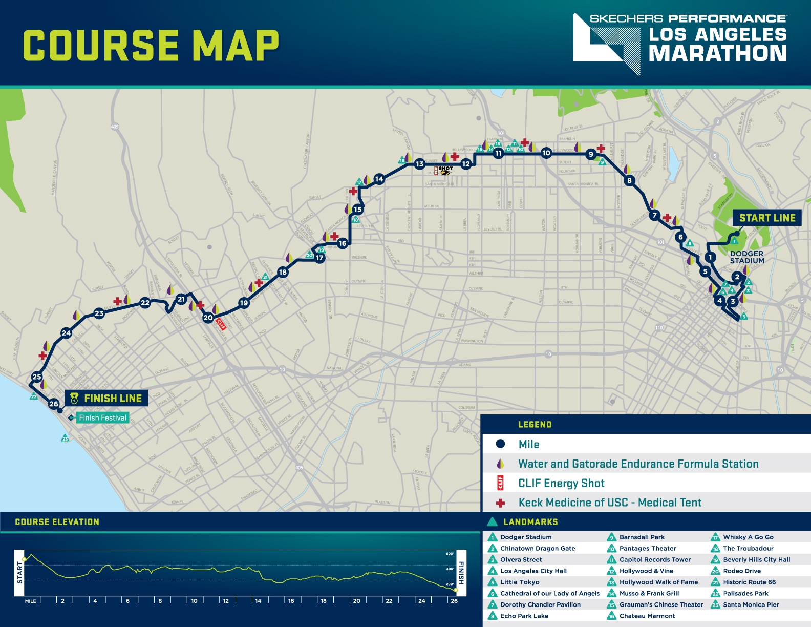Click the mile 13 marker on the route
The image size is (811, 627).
pos(420,164)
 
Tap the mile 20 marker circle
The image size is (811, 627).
pos(208,318)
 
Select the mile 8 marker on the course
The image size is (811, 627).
pos(629,180)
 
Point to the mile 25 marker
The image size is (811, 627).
pos(37,377)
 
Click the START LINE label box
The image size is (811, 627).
pos(766,218)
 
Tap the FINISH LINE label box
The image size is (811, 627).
pos(106,398)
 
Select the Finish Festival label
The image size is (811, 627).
pos(102,418)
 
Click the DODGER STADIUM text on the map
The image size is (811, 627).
pos(747,257)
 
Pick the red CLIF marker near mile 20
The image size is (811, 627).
pos(221,324)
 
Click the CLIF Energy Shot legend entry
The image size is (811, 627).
pos(561,483)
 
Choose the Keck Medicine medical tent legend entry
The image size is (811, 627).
pos(609,503)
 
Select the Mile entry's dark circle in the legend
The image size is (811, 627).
pos(500,444)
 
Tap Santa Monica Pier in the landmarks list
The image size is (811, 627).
pos(751,604)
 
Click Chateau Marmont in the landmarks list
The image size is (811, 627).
pos(647,616)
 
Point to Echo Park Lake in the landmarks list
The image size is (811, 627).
pos(524,616)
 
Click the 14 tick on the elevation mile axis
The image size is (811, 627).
pos(258,601)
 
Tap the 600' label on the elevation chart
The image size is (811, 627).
pos(450,554)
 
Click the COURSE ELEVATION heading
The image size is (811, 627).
pos(57,522)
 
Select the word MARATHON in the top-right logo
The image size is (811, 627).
pos(717,54)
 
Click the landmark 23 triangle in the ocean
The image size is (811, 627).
pos(65,438)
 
